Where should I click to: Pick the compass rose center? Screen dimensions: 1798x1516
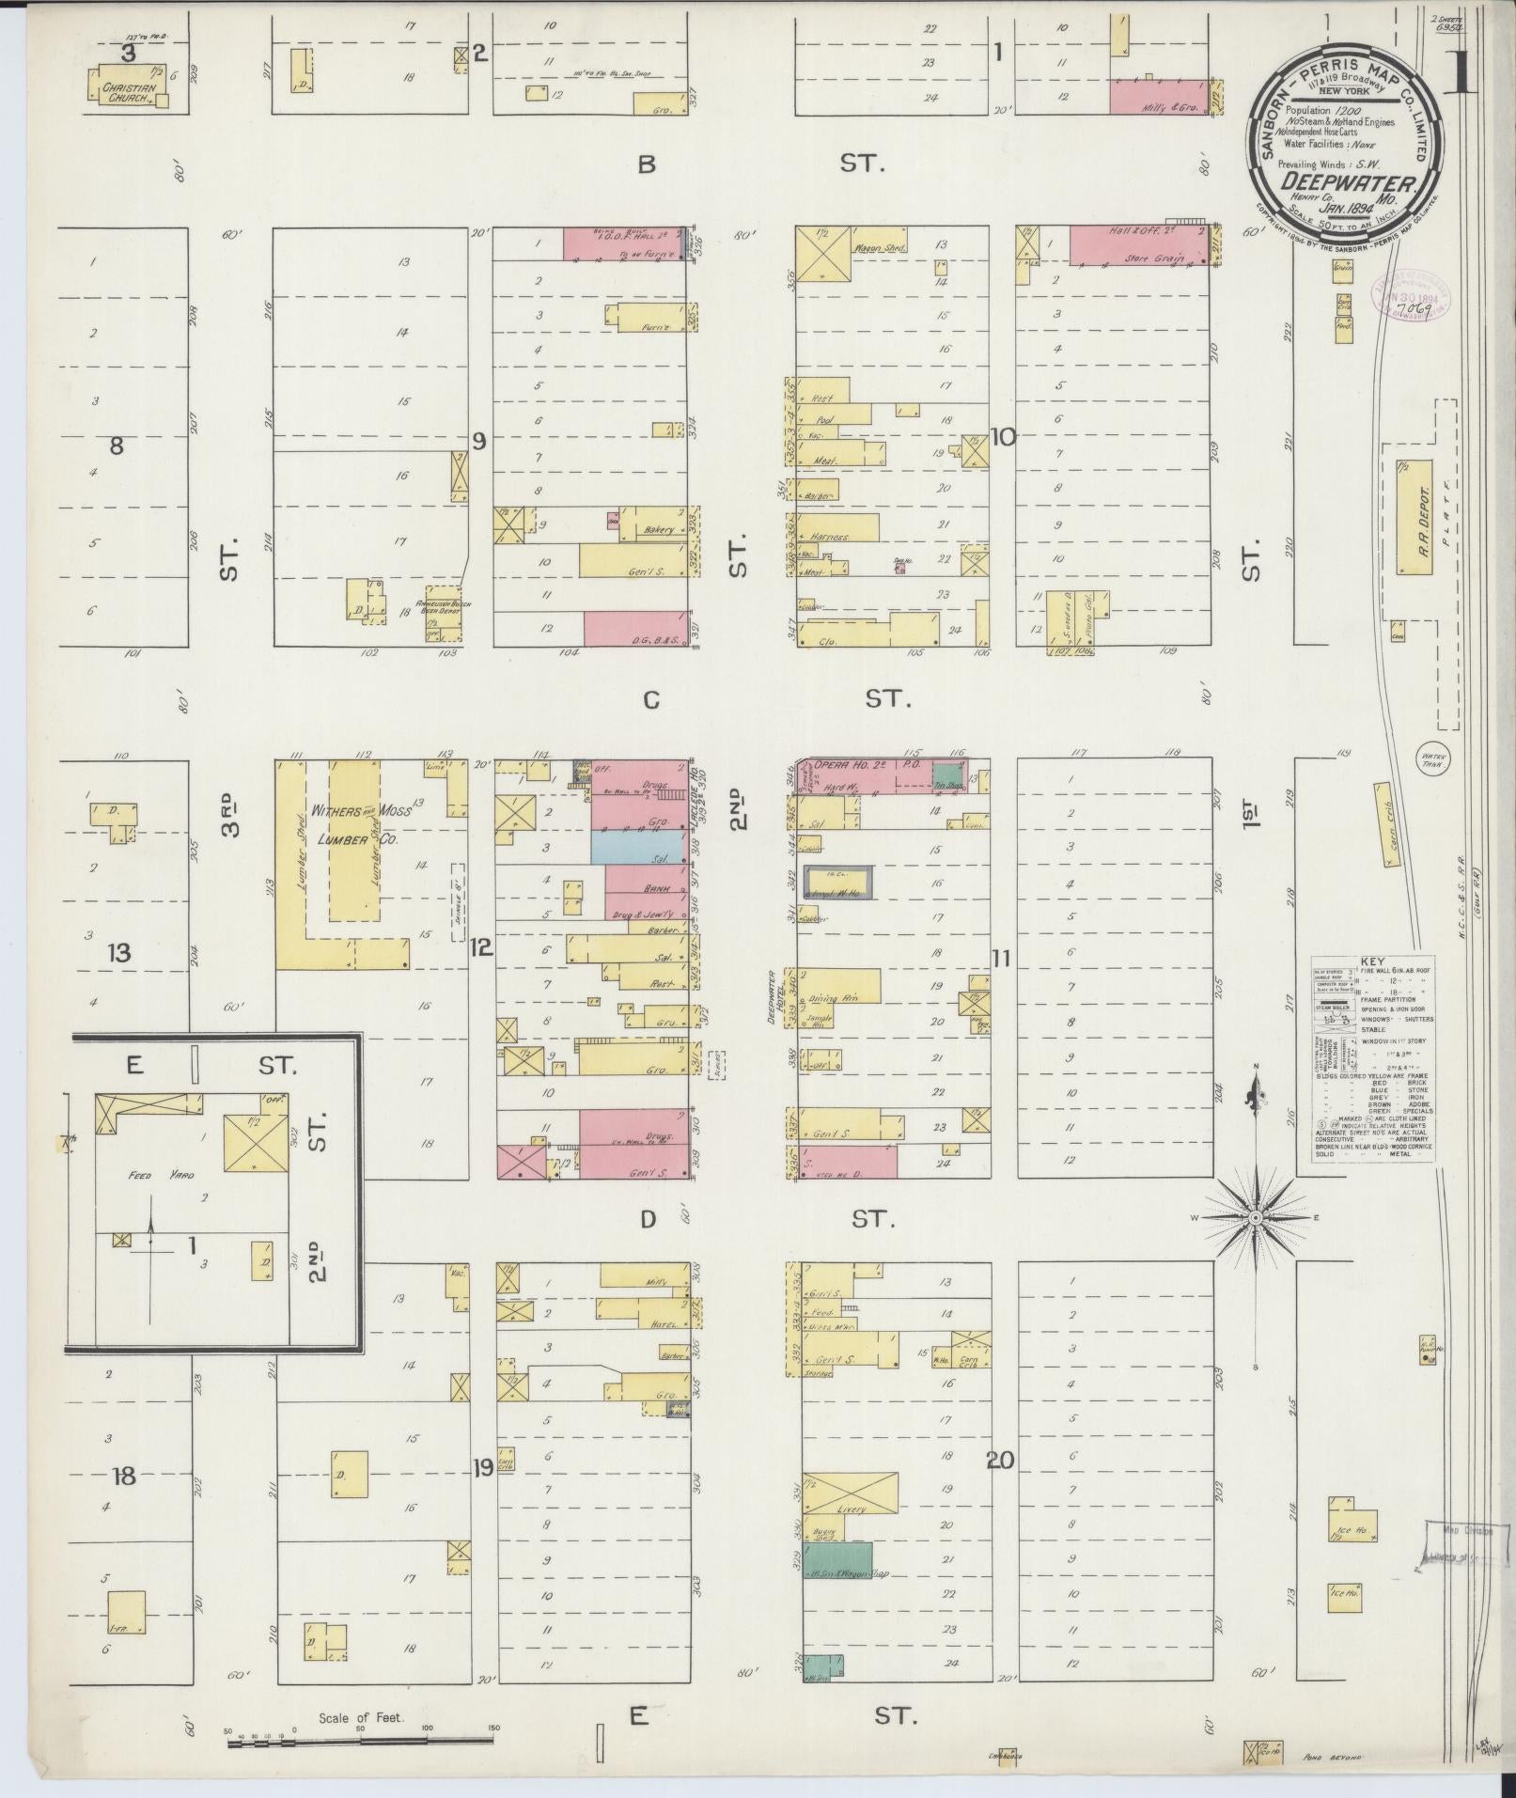pos(1255,1218)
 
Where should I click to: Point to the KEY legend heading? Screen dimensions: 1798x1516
pos(1372,962)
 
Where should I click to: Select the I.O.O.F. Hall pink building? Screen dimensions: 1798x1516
pos(624,242)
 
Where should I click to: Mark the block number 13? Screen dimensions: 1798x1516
pos(118,953)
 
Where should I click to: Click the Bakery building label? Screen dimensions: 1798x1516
pos(658,530)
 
